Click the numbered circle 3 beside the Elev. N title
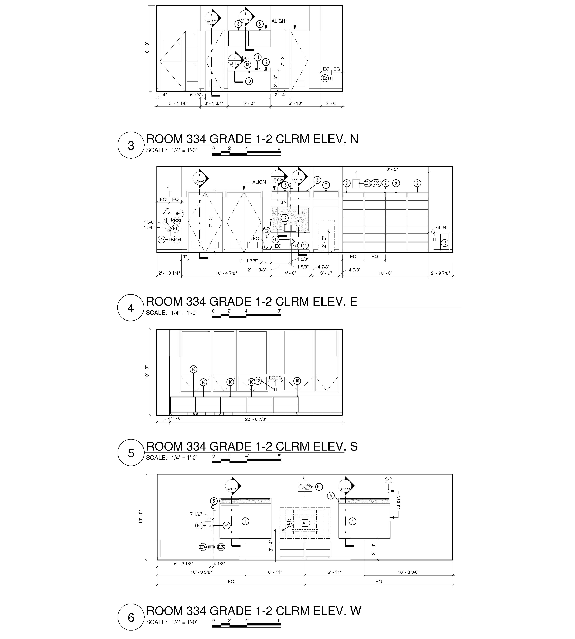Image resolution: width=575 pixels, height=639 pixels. click(131, 145)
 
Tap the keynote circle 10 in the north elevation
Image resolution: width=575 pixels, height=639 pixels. click(249, 81)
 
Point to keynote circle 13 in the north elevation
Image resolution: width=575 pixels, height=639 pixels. click(247, 65)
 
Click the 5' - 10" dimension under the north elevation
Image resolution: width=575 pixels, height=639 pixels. click(295, 103)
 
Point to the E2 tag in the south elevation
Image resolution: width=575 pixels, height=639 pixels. click(258, 381)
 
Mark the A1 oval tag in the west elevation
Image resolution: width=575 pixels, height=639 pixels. click(305, 523)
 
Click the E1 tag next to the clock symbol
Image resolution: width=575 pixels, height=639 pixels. click(319, 487)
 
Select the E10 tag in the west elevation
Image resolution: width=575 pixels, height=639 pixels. click(388, 480)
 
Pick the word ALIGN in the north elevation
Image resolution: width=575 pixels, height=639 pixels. click(278, 21)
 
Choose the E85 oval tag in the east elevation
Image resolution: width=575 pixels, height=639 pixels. click(376, 183)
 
